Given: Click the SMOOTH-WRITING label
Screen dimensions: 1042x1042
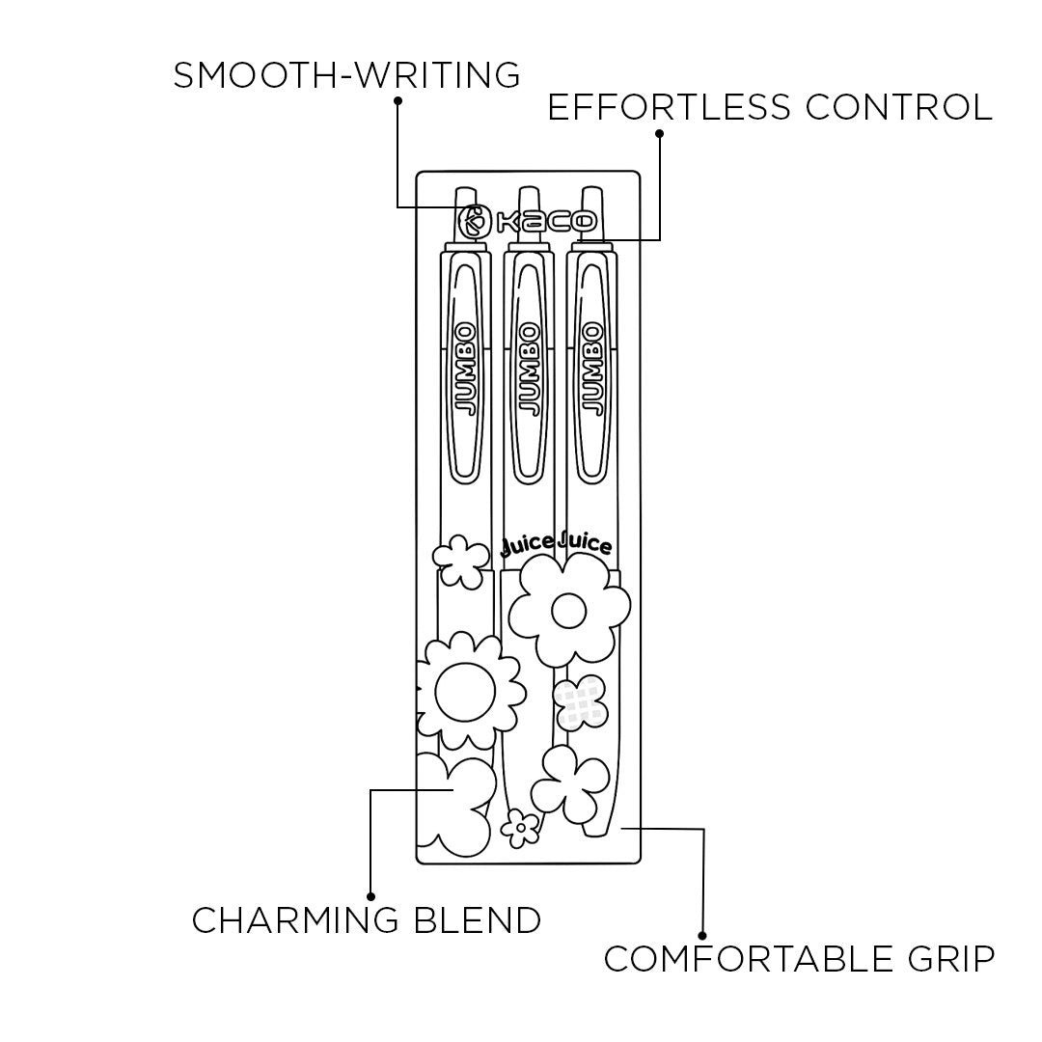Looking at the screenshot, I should [346, 75].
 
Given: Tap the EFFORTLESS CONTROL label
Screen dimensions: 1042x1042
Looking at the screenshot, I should [769, 107].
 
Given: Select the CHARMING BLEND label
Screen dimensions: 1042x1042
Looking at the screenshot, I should [366, 920].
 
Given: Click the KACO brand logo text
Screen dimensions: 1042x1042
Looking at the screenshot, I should [545, 222].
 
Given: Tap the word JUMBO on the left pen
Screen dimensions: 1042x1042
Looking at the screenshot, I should [466, 369].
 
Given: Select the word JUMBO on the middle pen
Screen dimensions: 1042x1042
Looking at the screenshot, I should [528, 369].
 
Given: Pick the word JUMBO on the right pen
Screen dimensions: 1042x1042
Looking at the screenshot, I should [590, 369].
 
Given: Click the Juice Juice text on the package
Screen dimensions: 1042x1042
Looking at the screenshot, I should [557, 545].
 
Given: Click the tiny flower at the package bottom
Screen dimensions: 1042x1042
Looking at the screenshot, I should [521, 826].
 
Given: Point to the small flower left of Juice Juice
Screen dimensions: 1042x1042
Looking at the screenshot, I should [460, 562].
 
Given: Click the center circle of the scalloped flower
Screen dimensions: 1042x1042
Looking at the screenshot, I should [465, 691].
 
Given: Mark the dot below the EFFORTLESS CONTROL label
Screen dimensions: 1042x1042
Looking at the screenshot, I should [660, 132].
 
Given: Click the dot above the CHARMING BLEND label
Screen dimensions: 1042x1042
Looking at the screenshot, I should [371, 896].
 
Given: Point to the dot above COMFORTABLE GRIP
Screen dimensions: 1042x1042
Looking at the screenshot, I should [703, 935].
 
